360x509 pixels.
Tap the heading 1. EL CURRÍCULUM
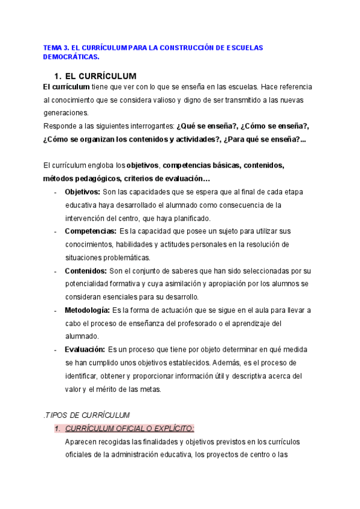(x=95, y=76)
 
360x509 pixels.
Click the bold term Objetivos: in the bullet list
(x=82, y=192)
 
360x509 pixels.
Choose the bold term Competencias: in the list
(x=91, y=231)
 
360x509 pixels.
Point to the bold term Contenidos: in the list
(x=86, y=271)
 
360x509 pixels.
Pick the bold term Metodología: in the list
(x=87, y=310)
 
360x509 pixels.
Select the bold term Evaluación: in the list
(x=85, y=349)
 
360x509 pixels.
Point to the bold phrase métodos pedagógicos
(x=80, y=178)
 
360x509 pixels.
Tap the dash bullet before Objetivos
(x=55, y=193)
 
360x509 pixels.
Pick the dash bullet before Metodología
(x=55, y=311)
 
